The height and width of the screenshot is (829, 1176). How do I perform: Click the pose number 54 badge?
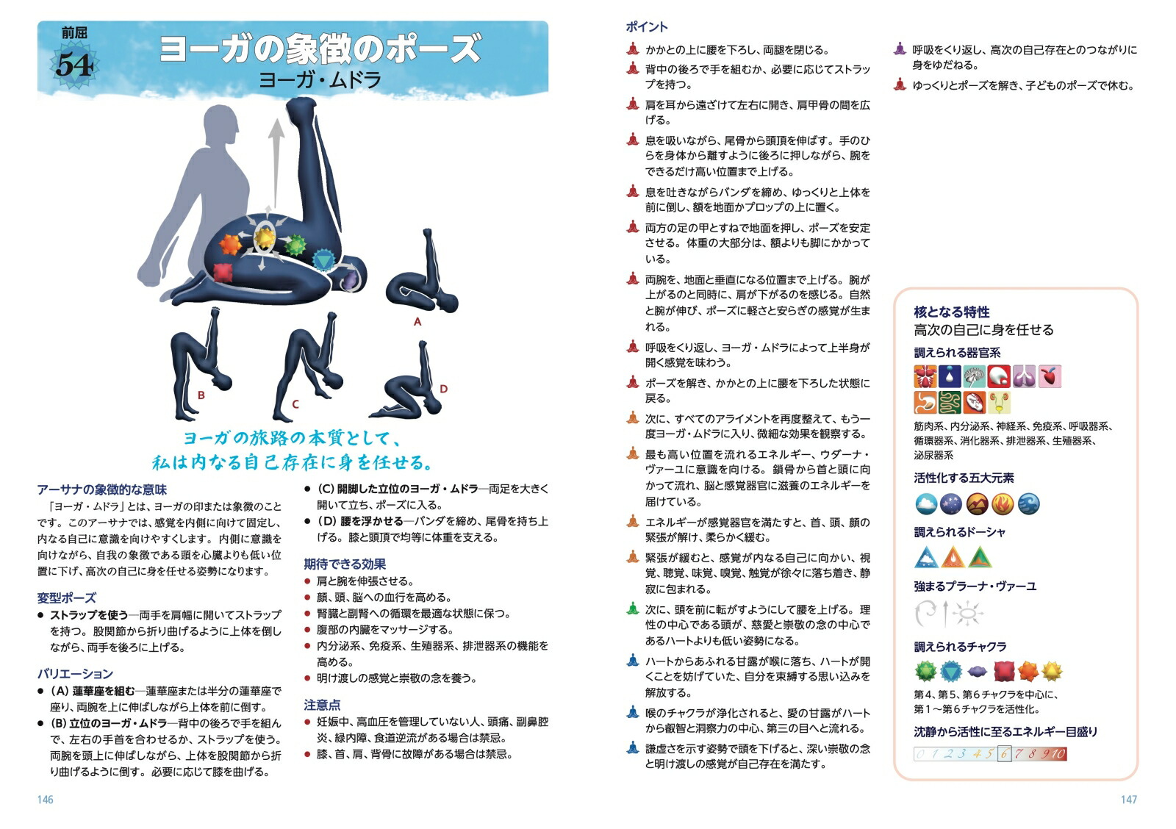[73, 65]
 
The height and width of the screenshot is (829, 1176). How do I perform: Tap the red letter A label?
[417, 321]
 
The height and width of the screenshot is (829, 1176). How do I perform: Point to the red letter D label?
[443, 389]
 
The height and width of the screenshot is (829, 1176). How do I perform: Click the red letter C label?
[295, 403]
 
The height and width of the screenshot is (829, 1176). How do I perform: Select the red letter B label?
[201, 395]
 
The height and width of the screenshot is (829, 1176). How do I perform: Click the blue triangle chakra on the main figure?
[323, 259]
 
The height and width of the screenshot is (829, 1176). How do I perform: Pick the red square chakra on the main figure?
[223, 272]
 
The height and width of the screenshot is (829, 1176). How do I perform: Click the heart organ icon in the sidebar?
[1051, 376]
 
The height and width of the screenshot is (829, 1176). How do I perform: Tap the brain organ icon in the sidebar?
[975, 376]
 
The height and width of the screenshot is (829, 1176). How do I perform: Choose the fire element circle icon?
[1003, 504]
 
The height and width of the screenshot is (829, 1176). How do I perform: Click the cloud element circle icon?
[926, 504]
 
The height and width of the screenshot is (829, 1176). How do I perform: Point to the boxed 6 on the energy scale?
[1004, 753]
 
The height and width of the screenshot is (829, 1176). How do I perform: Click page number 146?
[45, 799]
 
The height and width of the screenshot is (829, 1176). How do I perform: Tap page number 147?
[1128, 799]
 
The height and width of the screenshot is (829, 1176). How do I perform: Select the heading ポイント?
[647, 27]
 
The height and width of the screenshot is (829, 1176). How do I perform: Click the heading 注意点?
[322, 705]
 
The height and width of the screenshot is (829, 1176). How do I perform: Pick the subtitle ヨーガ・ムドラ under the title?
[320, 79]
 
